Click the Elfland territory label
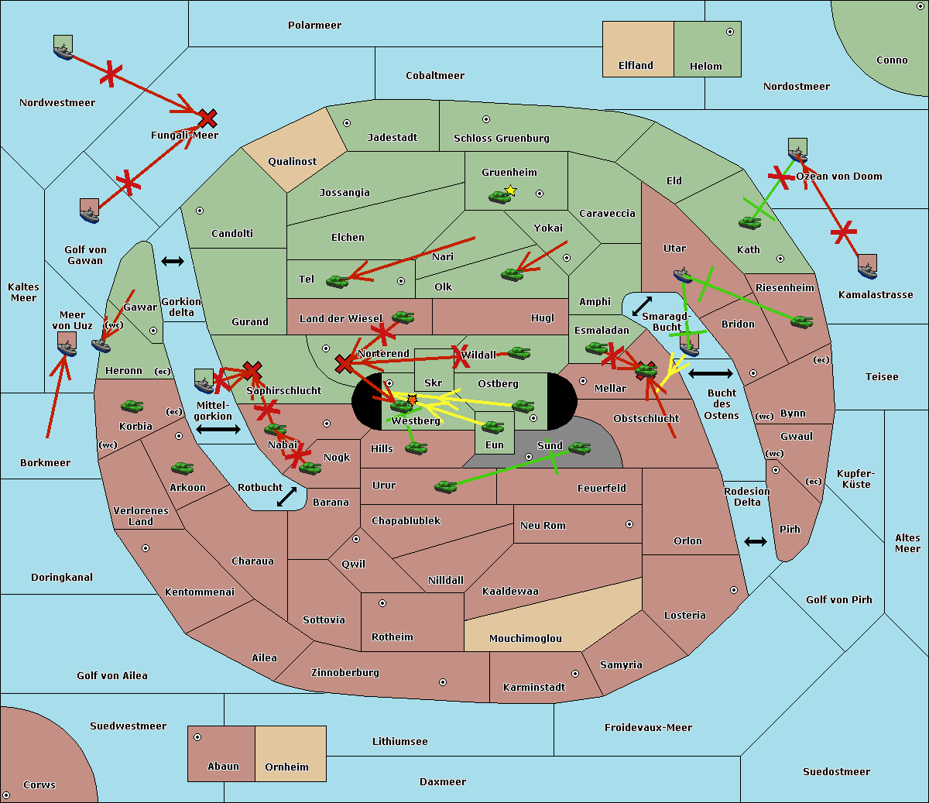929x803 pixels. click(636, 66)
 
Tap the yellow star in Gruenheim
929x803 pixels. click(510, 190)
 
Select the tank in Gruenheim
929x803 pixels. click(499, 197)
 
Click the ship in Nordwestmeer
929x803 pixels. click(63, 48)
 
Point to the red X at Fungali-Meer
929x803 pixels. click(207, 118)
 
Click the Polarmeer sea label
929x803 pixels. click(314, 26)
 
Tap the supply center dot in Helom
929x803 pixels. click(729, 32)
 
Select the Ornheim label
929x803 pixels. click(286, 767)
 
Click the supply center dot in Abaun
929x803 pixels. click(197, 737)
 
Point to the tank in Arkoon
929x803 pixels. click(182, 468)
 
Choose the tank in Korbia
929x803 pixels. click(132, 406)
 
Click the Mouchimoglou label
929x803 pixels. click(525, 639)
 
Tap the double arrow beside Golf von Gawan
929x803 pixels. click(173, 262)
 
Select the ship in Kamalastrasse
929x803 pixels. click(867, 267)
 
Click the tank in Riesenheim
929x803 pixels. click(801, 321)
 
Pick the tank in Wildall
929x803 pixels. click(519, 353)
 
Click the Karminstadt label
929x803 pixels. click(534, 688)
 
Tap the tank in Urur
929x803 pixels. click(445, 486)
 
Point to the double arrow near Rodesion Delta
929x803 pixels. click(756, 541)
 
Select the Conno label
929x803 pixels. click(892, 60)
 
